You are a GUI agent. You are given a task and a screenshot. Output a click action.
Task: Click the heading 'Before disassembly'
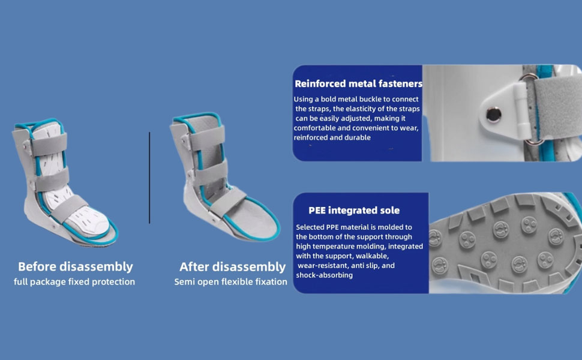pyautogui.click(x=76, y=266)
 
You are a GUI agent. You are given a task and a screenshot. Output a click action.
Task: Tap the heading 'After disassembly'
pyautogui.click(x=232, y=266)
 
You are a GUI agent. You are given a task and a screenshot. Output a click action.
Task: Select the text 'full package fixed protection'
pyautogui.click(x=74, y=281)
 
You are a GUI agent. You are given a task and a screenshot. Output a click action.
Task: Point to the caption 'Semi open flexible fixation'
pyautogui.click(x=230, y=281)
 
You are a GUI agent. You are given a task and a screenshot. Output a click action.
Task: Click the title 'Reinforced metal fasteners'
pyautogui.click(x=359, y=83)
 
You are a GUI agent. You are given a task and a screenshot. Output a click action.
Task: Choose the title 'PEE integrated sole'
pyautogui.click(x=354, y=211)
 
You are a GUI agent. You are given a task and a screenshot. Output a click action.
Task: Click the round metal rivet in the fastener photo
pyautogui.click(x=494, y=115)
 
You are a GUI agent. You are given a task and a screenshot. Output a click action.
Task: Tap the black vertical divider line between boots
pyautogui.click(x=149, y=178)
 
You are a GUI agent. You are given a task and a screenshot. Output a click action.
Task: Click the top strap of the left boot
pyautogui.click(x=48, y=145)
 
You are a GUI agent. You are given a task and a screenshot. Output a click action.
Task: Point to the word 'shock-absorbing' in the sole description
pyautogui.click(x=324, y=275)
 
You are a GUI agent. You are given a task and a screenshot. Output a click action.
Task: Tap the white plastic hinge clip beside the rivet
pyautogui.click(x=520, y=108)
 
